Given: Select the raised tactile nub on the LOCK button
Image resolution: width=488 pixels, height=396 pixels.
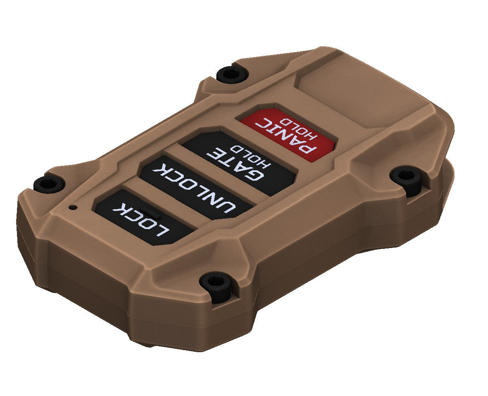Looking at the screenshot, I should (150, 212).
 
